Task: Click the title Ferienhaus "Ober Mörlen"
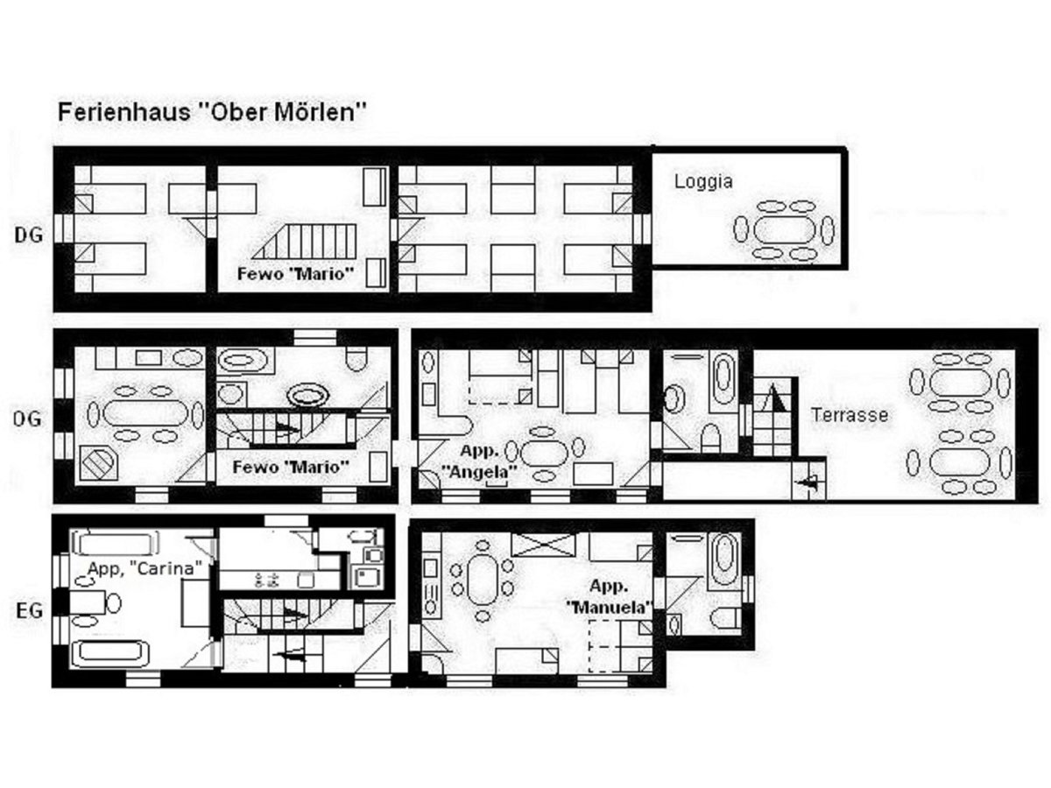tap(212, 112)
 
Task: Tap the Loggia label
tap(703, 182)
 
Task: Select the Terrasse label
tap(849, 414)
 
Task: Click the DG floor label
tap(29, 235)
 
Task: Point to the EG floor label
tap(29, 611)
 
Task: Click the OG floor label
tap(27, 419)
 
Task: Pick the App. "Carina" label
tap(145, 568)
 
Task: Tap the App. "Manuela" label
tap(609, 596)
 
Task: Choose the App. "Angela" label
tap(479, 461)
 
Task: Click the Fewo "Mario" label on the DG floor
tap(296, 274)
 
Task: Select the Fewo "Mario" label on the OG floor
tap(291, 467)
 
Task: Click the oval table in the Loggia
tap(784, 230)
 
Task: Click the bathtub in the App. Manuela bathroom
tap(723, 559)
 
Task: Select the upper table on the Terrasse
tap(960, 383)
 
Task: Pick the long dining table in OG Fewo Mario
tap(145, 413)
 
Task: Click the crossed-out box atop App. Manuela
tap(543, 545)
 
